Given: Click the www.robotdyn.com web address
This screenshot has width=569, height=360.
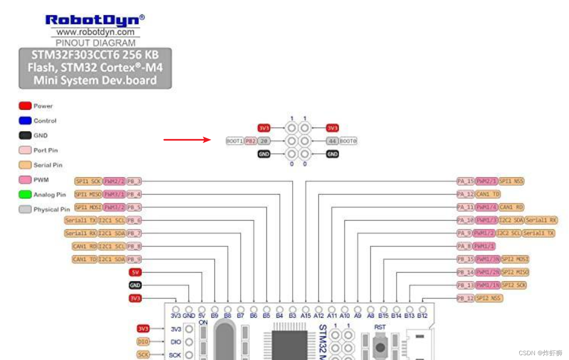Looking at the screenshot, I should [x=95, y=32].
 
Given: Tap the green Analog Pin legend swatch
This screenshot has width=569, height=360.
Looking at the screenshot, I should [x=25, y=194].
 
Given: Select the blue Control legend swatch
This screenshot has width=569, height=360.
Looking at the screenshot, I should [x=25, y=121].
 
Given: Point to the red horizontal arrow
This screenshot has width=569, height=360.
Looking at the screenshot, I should [x=187, y=140].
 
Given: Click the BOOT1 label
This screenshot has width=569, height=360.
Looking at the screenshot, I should [x=234, y=141].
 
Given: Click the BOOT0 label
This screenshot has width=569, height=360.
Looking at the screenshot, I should [x=348, y=141].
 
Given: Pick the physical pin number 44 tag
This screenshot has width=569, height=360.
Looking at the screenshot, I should [x=332, y=141].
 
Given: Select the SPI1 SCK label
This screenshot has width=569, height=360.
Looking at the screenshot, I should [x=89, y=181].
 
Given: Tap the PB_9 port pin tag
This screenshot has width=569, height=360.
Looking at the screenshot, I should [x=134, y=259].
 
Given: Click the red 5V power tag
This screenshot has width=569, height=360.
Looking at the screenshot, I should [x=135, y=272].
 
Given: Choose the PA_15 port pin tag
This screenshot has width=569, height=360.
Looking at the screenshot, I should [x=466, y=181].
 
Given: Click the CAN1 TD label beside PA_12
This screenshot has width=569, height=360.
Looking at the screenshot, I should [x=488, y=194].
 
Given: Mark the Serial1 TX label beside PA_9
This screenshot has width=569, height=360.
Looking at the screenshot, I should [x=538, y=233].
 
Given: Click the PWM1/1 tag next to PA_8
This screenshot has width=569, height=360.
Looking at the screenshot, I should [x=484, y=246].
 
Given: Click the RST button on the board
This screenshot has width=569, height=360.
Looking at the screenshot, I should [x=380, y=347].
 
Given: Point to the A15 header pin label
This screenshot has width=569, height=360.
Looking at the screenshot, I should [x=306, y=315].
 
